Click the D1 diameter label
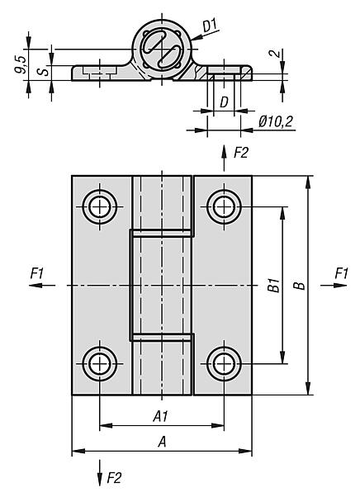point(209,26)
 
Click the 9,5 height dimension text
point(21,64)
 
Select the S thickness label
point(44,70)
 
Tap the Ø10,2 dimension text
point(276,121)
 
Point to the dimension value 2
point(276,53)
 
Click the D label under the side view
point(224,102)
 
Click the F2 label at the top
point(241,154)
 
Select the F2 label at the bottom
point(114,478)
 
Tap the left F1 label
point(37,273)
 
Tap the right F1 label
point(342,273)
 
